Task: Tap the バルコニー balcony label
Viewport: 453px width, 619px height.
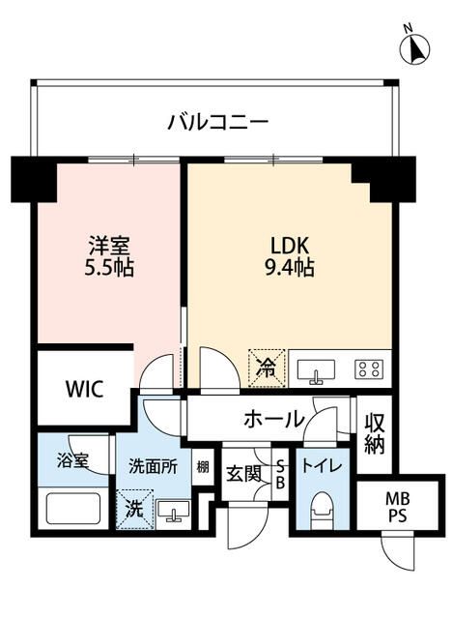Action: point(217,123)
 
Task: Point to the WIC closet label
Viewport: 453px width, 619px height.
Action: point(84,389)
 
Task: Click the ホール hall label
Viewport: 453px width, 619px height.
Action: point(273,419)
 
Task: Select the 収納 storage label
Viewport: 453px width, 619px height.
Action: point(375,433)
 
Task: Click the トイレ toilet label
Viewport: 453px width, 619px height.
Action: point(321,465)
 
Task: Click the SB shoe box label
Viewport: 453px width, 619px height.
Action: point(280,474)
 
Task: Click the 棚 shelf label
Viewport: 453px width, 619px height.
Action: point(202,466)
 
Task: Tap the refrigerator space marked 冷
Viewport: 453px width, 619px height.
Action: point(267,367)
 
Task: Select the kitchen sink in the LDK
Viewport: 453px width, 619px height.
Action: point(317,368)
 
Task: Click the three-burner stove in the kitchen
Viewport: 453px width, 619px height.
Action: point(368,368)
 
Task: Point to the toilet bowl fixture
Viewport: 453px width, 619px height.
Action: point(324,509)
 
